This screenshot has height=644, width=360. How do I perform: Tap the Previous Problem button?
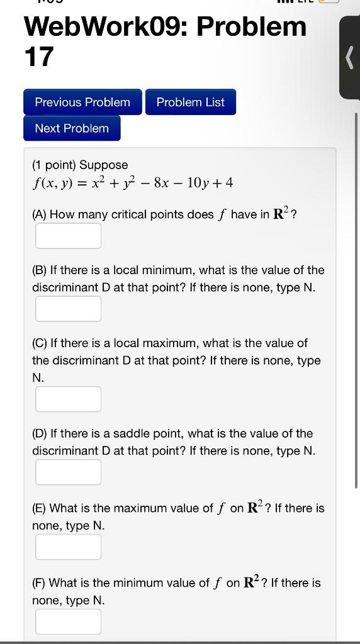(x=82, y=103)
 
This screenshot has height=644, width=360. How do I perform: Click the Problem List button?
(x=190, y=103)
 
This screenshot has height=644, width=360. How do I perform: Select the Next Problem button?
(x=72, y=128)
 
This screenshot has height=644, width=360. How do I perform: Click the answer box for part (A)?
(x=68, y=236)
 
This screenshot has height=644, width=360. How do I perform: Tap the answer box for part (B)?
(x=68, y=309)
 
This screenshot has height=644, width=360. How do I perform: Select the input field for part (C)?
(x=68, y=399)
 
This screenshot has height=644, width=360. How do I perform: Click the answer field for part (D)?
(x=68, y=472)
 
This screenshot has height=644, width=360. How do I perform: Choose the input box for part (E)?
(x=68, y=547)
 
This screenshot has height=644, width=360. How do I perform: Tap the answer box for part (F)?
(x=68, y=621)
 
